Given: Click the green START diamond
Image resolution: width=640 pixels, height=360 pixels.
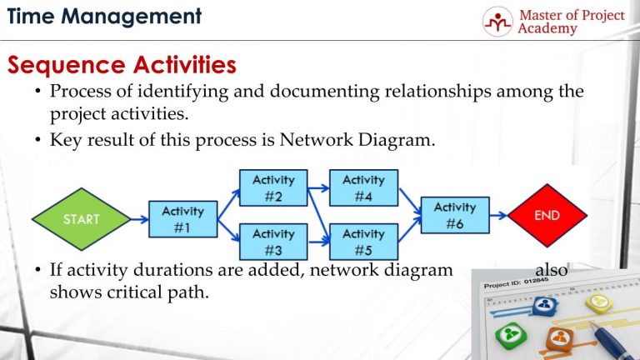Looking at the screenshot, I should [81, 220].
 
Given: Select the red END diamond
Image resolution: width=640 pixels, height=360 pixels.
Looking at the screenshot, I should [547, 216].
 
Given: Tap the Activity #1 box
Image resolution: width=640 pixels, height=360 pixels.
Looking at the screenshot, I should [182, 220].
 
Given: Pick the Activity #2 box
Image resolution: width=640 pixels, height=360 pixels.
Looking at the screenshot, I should [273, 187].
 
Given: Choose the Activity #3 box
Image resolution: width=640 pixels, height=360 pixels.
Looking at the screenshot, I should [273, 242].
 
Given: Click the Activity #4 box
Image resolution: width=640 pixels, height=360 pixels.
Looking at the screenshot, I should [363, 187].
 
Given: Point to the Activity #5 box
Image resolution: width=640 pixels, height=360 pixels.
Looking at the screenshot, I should [363, 242].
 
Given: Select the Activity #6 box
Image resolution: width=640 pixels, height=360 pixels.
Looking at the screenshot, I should [454, 216].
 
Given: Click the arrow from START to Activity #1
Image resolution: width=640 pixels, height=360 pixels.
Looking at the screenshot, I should [139, 220].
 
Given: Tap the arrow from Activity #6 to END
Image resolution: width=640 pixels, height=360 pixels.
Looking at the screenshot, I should [498, 216].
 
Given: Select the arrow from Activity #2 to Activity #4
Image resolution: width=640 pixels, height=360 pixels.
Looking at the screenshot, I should [318, 187].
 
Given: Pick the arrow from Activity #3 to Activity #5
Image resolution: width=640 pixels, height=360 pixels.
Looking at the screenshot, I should [318, 242].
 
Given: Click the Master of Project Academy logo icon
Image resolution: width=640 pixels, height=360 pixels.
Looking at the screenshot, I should [497, 22].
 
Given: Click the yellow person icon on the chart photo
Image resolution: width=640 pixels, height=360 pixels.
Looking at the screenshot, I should [597, 303].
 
